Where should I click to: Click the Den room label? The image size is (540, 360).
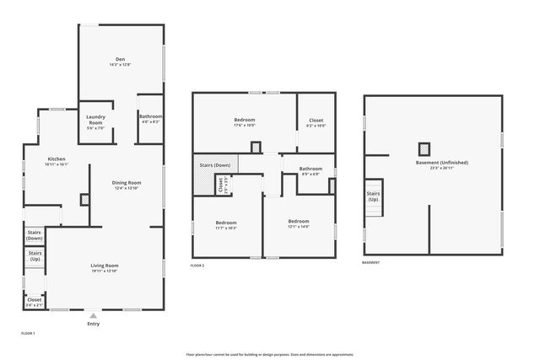(x=120, y=62)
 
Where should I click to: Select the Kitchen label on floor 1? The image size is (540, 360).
(x=57, y=161)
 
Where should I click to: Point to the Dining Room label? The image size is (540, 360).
(x=127, y=185)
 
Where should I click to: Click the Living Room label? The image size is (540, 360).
(x=105, y=268)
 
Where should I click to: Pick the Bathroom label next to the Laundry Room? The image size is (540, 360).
(x=151, y=119)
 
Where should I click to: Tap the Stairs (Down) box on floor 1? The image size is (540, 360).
(x=35, y=235)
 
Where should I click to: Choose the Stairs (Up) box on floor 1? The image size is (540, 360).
(x=35, y=256)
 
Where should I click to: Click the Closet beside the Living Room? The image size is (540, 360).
(x=35, y=301)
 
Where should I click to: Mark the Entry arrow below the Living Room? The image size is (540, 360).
(x=93, y=316)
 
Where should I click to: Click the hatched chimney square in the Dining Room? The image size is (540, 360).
(x=84, y=200)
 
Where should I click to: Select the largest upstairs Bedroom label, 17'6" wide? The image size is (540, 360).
(x=244, y=122)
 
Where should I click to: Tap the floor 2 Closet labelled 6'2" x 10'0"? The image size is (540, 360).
(x=316, y=122)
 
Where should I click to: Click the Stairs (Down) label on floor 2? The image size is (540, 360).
(x=215, y=165)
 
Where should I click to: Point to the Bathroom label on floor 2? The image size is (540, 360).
(x=310, y=170)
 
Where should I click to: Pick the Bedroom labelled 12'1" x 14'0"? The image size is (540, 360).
(x=299, y=224)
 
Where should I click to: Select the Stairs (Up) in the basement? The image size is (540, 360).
(x=373, y=196)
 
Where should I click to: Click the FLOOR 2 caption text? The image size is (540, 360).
(x=197, y=266)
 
